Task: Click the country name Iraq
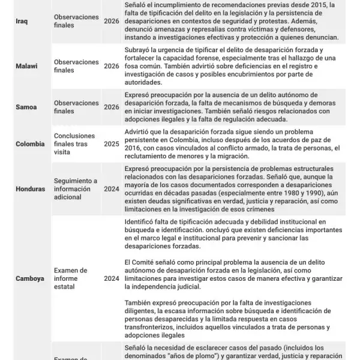(21, 22)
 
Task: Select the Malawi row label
(26, 66)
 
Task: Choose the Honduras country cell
(31, 189)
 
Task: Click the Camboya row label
(29, 278)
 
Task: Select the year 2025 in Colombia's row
(111, 144)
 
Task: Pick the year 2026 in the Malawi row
(111, 66)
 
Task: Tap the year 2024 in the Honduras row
(111, 189)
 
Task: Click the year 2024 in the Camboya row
(111, 278)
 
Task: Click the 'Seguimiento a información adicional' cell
(76, 189)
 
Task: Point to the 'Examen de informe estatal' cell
(71, 278)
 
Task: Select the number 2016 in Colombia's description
(133, 148)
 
